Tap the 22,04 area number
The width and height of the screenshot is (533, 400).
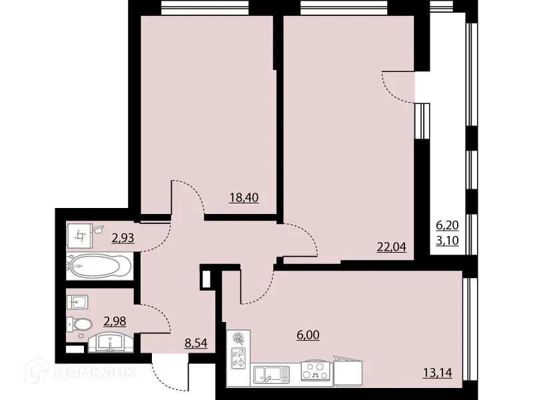392,247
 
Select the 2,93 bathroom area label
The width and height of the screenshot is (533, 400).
123,238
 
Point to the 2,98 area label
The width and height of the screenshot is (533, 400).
115,321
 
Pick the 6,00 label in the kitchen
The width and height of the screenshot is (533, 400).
308,335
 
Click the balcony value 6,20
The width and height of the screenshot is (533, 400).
448,226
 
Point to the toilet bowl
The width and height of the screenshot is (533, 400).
81,325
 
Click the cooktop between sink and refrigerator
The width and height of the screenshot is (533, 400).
316,371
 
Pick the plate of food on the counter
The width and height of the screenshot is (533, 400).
238,339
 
